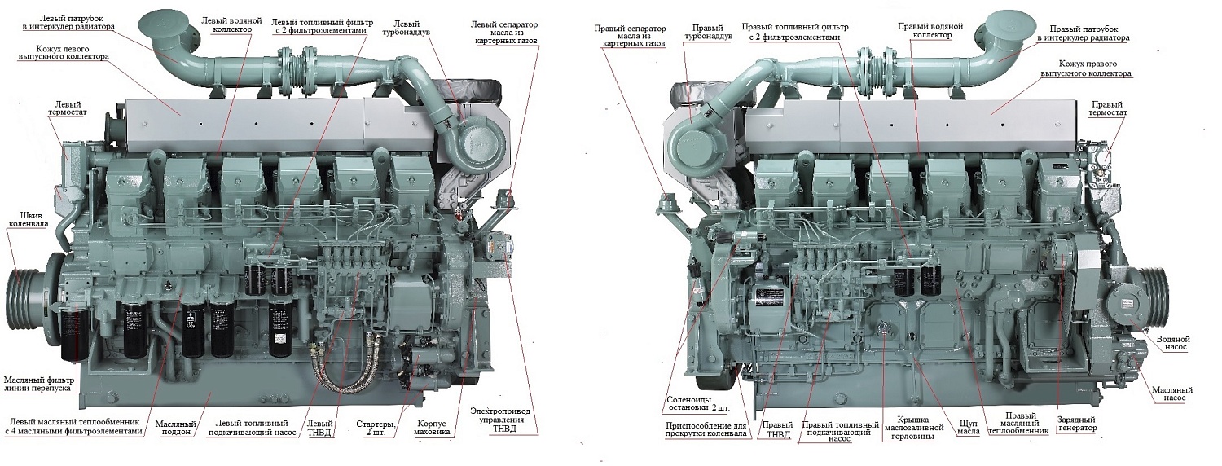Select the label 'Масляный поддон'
[x=175, y=429]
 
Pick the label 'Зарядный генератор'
[x=1076, y=423]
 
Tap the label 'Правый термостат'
[x=1108, y=109]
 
